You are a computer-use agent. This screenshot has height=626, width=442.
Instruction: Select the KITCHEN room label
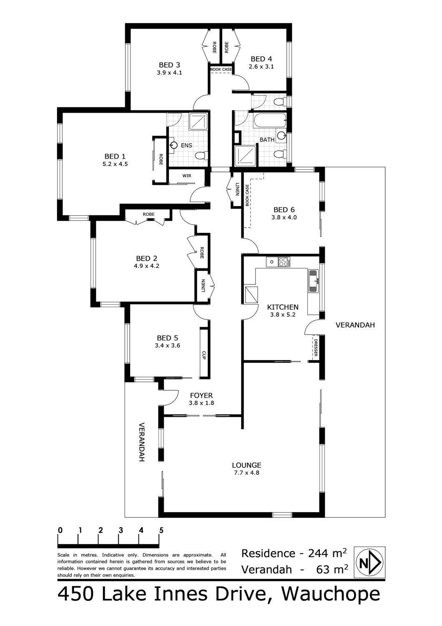(x=283, y=307)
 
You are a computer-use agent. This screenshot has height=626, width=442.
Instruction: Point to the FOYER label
(x=201, y=396)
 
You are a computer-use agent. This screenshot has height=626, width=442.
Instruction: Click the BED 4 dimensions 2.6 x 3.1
(x=261, y=66)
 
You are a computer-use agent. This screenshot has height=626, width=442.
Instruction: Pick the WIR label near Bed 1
(x=187, y=176)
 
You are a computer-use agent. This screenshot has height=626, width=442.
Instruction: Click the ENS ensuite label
(x=186, y=145)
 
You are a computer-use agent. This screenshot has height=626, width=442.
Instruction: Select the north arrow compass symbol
(x=369, y=563)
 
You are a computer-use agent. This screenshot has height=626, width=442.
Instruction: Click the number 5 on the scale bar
(x=161, y=530)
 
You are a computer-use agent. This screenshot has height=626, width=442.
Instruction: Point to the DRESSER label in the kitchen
(x=316, y=348)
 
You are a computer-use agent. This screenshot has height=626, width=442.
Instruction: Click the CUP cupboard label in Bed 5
(x=204, y=355)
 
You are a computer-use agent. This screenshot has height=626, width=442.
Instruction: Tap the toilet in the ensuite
(x=202, y=155)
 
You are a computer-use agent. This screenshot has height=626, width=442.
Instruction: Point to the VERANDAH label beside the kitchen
(x=355, y=325)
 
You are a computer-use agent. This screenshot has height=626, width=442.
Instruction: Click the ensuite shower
(x=198, y=121)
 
